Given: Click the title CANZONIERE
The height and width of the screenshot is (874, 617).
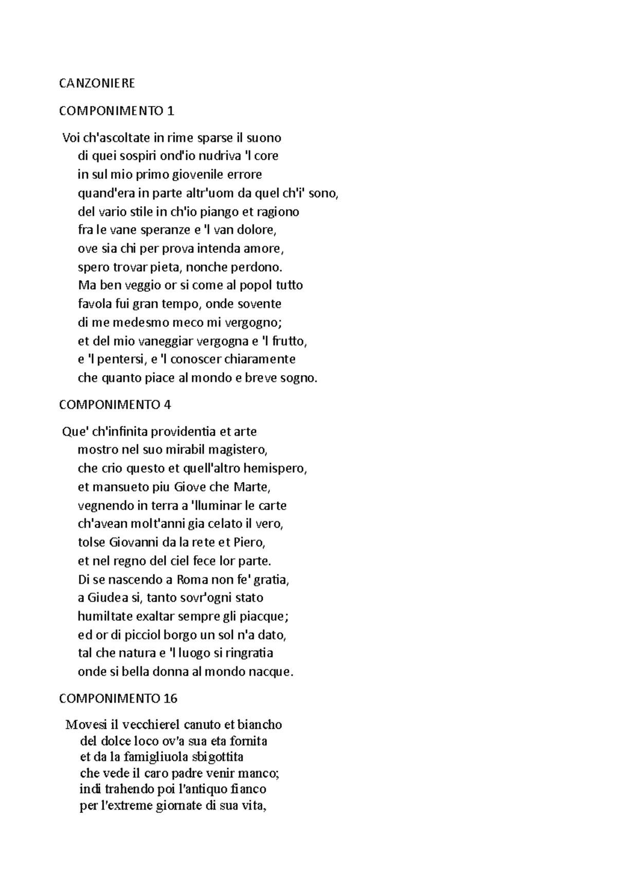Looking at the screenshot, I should point(97,83).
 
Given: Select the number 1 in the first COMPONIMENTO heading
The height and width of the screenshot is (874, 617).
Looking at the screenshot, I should point(171,111).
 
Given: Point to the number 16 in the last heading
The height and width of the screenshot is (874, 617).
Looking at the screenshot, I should point(171,698).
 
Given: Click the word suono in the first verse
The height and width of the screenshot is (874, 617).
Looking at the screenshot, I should point(264,138).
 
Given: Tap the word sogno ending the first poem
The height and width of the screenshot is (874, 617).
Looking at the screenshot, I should point(300,378).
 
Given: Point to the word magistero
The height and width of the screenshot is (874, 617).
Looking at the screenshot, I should point(243,450).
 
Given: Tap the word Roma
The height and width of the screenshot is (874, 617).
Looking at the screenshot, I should point(192,580).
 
